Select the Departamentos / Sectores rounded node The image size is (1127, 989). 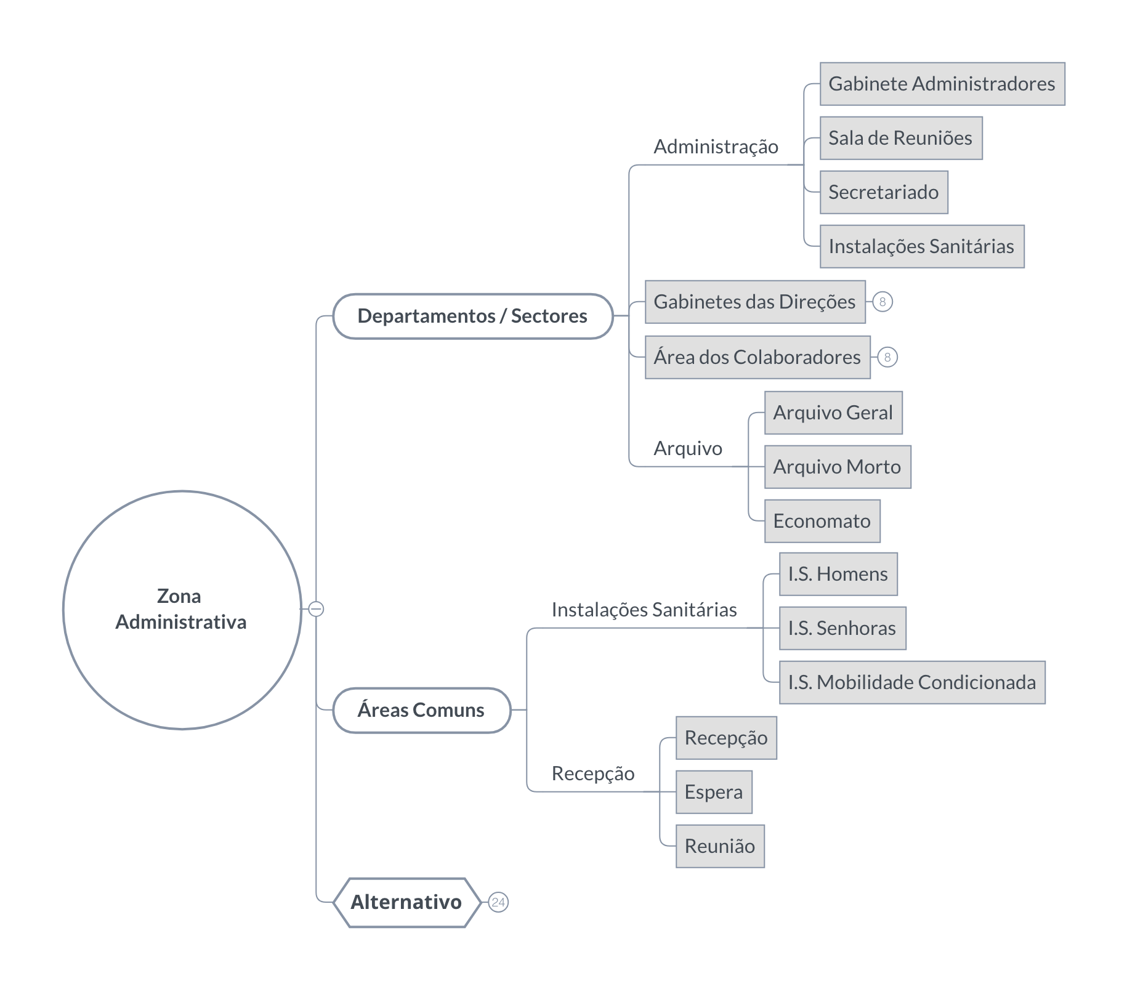click(473, 317)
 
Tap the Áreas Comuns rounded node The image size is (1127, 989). click(422, 710)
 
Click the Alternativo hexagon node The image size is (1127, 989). click(406, 902)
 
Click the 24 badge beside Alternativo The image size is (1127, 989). click(498, 902)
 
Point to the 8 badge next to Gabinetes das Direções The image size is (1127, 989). click(883, 302)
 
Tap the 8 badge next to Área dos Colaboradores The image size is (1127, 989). click(887, 357)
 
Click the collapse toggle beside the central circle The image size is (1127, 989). click(316, 609)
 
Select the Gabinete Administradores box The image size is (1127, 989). click(942, 84)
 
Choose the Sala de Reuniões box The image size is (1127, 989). click(901, 138)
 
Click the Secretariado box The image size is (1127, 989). click(884, 192)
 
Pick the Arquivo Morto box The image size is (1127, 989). click(838, 467)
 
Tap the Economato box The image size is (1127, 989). click(822, 521)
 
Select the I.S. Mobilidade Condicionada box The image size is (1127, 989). click(912, 682)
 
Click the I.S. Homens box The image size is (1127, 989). click(838, 574)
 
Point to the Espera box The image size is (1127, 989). click(714, 792)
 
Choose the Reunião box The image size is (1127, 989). click(720, 846)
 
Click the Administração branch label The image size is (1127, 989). click(716, 147)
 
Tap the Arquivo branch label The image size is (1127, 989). click(688, 449)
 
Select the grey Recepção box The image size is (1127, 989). click(726, 738)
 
